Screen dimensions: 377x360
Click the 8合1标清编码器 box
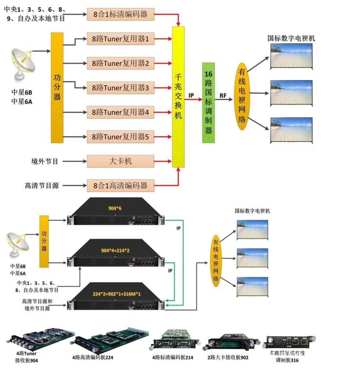117,14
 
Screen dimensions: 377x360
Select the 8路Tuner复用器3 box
117,88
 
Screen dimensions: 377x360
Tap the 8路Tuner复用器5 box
117,137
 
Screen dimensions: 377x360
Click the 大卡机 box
117,160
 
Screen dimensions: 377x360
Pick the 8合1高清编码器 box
117,185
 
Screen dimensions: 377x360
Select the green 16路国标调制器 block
209,103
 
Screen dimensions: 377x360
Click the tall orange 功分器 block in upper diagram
57,87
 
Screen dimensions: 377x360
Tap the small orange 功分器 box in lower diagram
44,241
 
